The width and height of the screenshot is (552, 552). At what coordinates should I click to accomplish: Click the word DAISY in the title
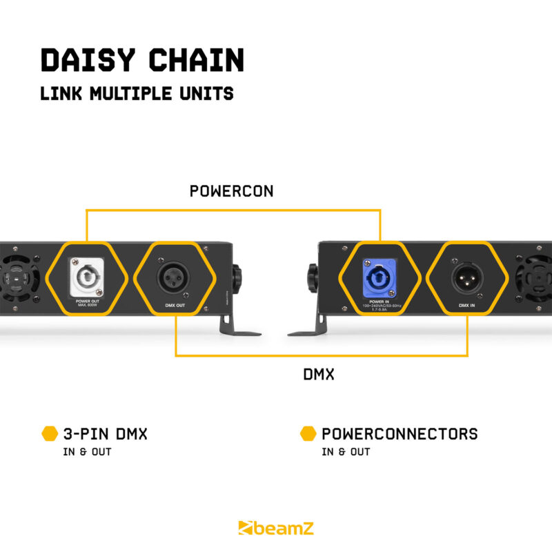83,61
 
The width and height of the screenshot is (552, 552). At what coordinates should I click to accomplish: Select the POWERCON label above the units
232,192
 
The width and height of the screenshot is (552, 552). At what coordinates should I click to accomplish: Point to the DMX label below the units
319,375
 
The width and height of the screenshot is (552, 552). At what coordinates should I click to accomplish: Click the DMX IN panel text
467,304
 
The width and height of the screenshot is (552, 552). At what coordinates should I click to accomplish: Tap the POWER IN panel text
377,302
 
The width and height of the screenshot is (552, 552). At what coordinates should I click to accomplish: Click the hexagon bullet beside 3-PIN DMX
50,434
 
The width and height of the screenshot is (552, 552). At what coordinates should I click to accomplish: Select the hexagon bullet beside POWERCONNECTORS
308,434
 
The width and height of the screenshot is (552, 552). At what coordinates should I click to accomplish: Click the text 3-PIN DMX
105,434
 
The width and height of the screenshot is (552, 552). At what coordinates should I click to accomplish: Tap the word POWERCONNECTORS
400,434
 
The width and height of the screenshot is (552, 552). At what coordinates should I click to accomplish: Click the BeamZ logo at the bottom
275,529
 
